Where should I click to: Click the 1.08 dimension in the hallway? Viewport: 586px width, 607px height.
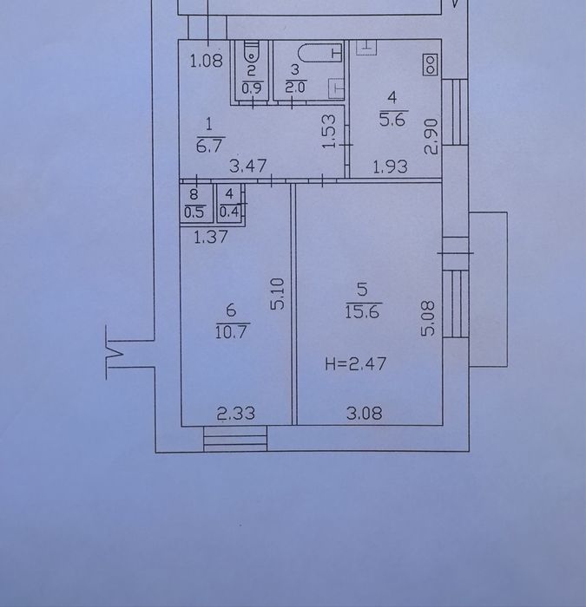pyautogui.click(x=207, y=61)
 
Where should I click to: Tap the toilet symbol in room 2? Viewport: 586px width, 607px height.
pyautogui.click(x=251, y=49)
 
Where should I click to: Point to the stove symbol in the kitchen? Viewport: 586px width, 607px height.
pyautogui.click(x=428, y=63)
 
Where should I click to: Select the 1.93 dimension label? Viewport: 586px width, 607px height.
pyautogui.click(x=390, y=167)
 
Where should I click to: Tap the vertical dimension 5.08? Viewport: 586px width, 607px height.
pyautogui.click(x=425, y=319)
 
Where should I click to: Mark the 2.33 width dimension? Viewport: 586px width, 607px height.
pyautogui.click(x=235, y=414)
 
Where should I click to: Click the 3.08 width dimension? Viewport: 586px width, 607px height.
pyautogui.click(x=365, y=414)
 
